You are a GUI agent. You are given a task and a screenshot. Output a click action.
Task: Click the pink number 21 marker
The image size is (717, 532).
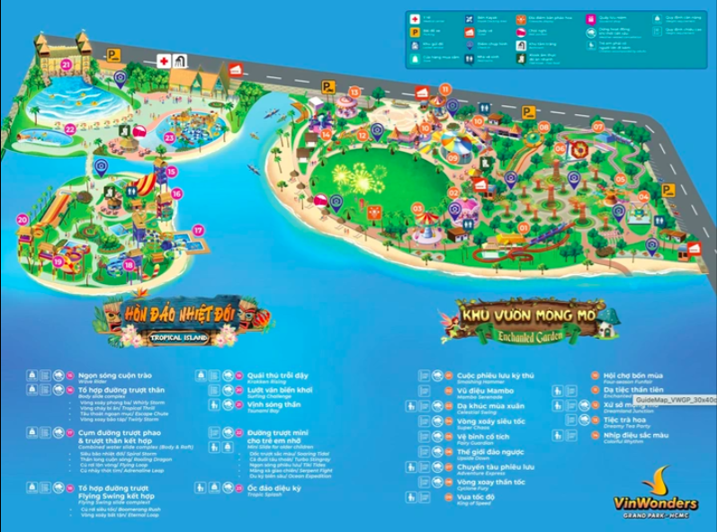click(x=67, y=64)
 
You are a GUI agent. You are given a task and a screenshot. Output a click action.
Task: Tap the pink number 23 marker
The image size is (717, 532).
click(x=169, y=137)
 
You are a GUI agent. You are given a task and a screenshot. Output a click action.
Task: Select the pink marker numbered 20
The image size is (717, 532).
click(x=22, y=217)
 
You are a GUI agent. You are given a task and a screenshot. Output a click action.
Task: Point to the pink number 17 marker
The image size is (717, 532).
click(x=198, y=230)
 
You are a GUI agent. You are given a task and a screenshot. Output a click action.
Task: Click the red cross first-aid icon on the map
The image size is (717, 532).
click(x=164, y=60)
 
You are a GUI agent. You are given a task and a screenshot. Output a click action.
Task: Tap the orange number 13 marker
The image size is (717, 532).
click(x=354, y=92)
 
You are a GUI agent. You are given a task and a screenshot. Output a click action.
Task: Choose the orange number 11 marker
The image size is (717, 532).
click(x=444, y=89)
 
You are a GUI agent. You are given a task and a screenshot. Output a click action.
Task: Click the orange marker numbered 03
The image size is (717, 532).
click(x=417, y=208)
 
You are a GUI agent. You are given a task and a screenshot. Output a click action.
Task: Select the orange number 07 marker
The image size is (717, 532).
click(x=597, y=127)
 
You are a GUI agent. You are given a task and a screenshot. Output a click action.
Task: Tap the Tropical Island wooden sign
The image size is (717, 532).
click(x=180, y=322)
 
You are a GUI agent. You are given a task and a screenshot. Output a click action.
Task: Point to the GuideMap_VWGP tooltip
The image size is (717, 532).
click(x=675, y=399)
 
